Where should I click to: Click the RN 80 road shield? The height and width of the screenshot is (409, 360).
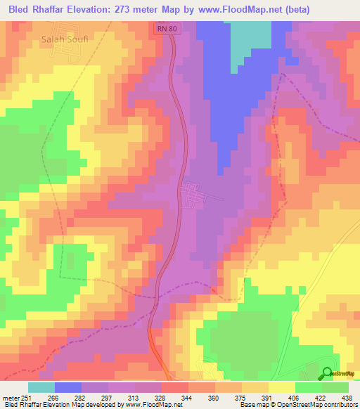click(165, 30)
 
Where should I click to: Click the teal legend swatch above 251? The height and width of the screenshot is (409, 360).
click(41, 387)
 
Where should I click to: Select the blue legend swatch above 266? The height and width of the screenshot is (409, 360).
click(68, 387)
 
